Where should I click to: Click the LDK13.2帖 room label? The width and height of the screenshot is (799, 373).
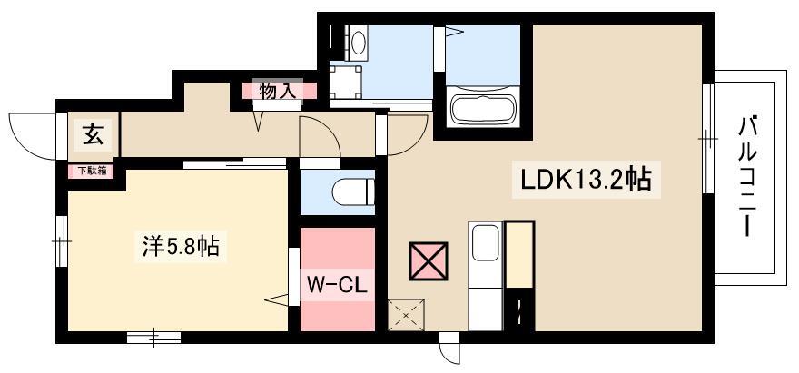585,180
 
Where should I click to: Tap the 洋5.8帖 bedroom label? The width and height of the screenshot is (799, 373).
180,246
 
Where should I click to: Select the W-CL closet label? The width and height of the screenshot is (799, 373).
337,285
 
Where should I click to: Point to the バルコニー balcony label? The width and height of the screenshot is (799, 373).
747,176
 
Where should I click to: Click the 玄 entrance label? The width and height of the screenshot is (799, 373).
93,135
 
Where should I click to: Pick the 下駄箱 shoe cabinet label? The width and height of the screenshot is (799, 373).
92,172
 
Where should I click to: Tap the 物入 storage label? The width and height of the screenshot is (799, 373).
277,92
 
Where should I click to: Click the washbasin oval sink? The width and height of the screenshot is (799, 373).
359,41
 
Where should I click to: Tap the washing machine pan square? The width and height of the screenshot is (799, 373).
346,81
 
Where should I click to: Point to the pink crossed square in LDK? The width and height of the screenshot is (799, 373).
429,260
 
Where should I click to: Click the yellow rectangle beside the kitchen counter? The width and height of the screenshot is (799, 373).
519,254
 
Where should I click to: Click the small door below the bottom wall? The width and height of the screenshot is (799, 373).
450,348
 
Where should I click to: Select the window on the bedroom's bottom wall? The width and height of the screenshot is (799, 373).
153,338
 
